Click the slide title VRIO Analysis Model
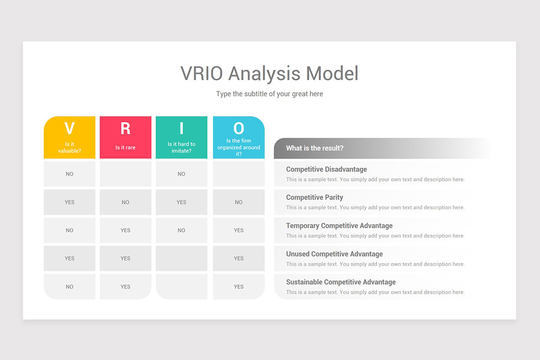pyautogui.click(x=269, y=73)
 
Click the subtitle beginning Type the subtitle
pyautogui.click(x=269, y=94)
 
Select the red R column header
pyautogui.click(x=125, y=135)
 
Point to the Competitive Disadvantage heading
pyautogui.click(x=326, y=169)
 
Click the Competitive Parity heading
pyautogui.click(x=315, y=197)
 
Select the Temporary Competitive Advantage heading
pyautogui.click(x=339, y=225)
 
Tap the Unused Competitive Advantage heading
pyautogui.click(x=334, y=254)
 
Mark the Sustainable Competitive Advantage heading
pyautogui.click(x=341, y=282)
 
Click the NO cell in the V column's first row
pyautogui.click(x=69, y=174)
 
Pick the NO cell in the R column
pyautogui.click(x=125, y=202)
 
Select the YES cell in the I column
pyautogui.click(x=181, y=202)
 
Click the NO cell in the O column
pyautogui.click(x=238, y=202)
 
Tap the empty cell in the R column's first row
pyautogui.click(x=125, y=174)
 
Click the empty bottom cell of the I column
pyautogui.click(x=181, y=286)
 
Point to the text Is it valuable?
pyautogui.click(x=69, y=148)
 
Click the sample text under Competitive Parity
pyautogui.click(x=375, y=207)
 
